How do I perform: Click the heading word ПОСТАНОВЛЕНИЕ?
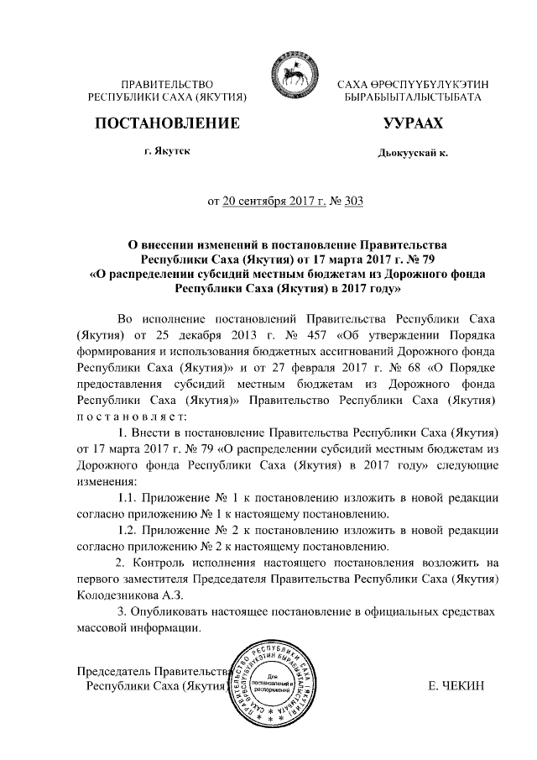(x=168, y=125)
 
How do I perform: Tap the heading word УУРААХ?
(x=412, y=125)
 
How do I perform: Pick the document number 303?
(x=354, y=202)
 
